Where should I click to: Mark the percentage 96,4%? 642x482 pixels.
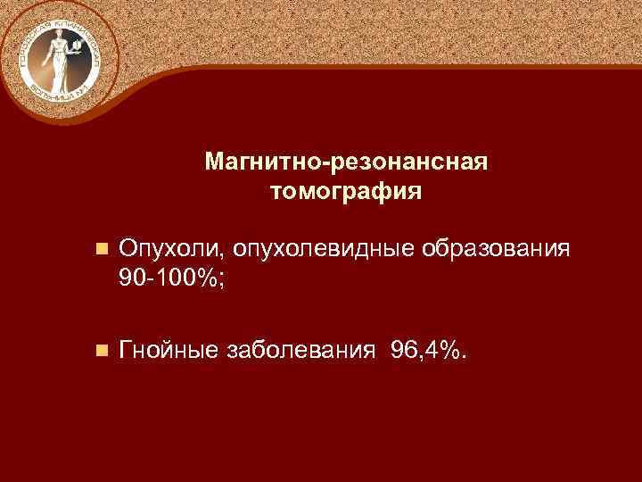click(x=423, y=351)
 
